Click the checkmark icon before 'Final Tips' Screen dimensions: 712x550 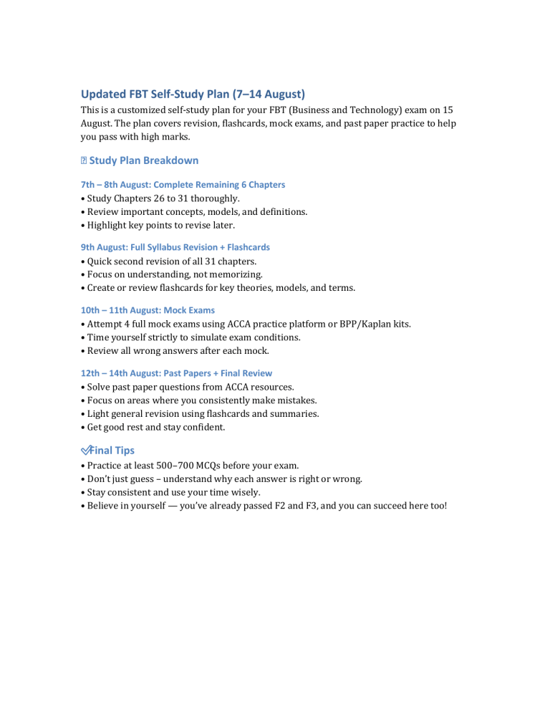click(x=87, y=451)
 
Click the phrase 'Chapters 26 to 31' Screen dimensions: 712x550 click(x=155, y=198)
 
